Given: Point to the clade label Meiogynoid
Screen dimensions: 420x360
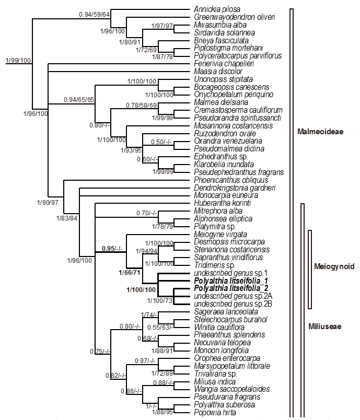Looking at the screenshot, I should [x=334, y=266].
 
